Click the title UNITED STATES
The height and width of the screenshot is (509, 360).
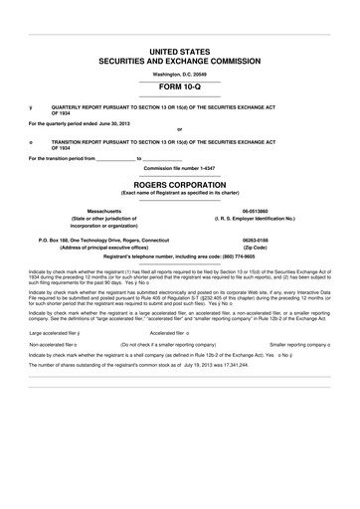coord(180,50)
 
